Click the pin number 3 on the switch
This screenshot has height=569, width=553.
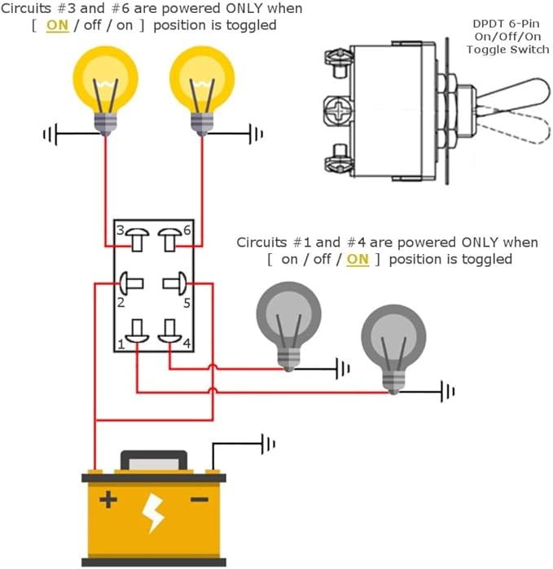(x=119, y=230)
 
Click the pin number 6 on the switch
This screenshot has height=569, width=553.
(x=187, y=230)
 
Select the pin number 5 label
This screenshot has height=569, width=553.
(x=187, y=303)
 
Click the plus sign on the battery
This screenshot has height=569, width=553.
(x=107, y=499)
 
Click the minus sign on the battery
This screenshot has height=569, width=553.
(x=200, y=499)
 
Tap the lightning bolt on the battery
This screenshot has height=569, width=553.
(x=153, y=512)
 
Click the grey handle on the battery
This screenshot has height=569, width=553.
(x=153, y=460)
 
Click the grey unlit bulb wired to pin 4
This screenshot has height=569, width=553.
(x=289, y=322)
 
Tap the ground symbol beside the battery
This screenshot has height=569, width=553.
(x=267, y=444)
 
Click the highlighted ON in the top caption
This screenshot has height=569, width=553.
(x=58, y=25)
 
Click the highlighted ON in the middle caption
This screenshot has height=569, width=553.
(x=358, y=260)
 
